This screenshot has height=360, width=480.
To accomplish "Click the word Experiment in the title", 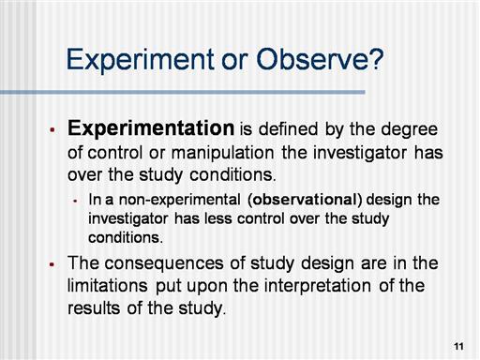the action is coord(141,60).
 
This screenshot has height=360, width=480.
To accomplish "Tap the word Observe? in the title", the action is coord(320,59).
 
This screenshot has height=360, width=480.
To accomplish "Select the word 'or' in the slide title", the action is coord(235,62).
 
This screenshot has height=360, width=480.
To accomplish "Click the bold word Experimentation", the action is coord(151,129).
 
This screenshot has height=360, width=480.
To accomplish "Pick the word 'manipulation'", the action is coord(223,154).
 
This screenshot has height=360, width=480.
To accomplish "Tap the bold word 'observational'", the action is coord(305,200).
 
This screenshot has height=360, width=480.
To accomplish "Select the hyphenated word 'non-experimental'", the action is coord(180,200).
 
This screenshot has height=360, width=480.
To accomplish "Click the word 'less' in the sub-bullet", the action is coord(218,218).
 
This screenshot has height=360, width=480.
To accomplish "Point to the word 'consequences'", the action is coord(164,263).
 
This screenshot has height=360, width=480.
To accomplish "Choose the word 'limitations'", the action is coord(108,286).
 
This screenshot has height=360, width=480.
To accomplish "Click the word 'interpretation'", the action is coord(318,287).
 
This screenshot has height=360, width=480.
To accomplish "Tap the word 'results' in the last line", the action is coord(94,308).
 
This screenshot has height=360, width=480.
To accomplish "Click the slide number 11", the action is coord(458,346).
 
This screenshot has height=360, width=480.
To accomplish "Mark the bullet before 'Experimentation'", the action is coord(52,129).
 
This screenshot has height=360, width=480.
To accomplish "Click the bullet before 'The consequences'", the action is coord(52,264).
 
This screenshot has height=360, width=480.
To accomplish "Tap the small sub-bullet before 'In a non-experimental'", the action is coord(75,201).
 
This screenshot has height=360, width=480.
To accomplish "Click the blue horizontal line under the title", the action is coord(183,92).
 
